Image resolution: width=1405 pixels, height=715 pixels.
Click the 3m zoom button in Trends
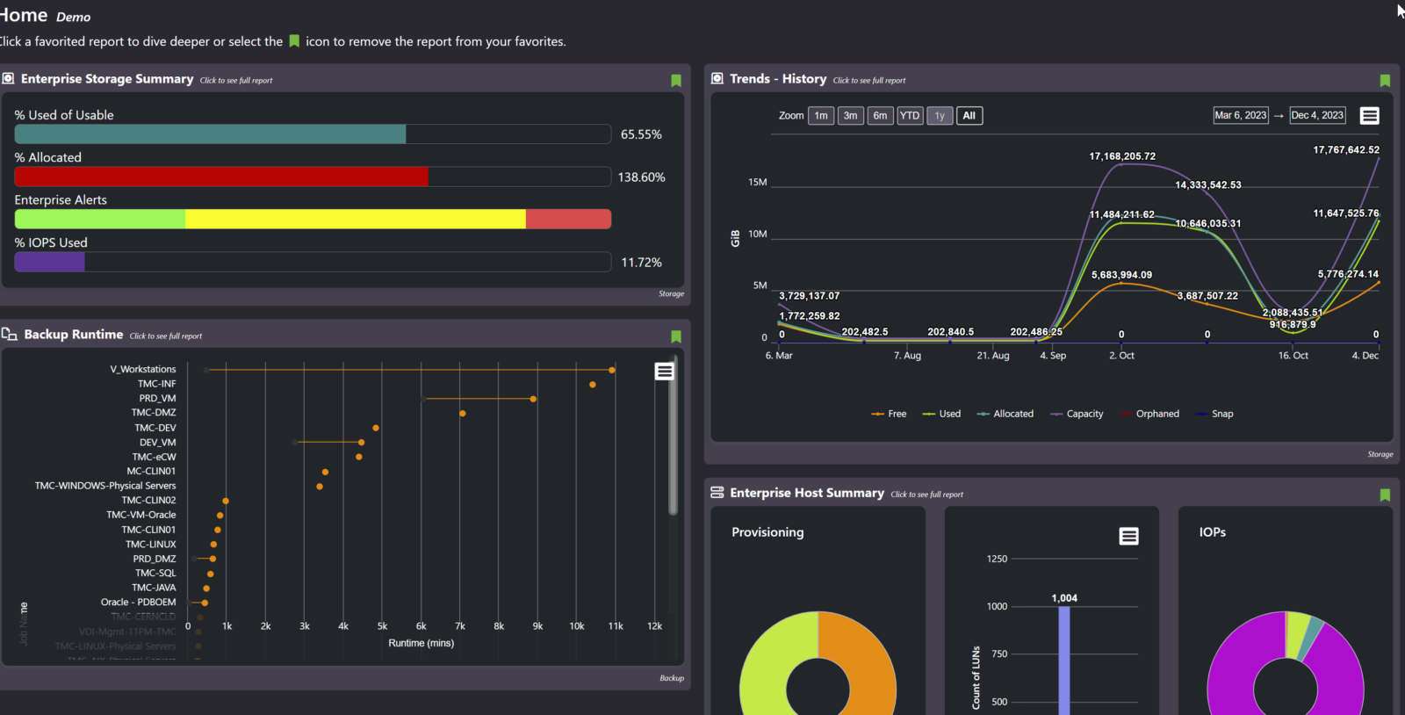click(x=850, y=116)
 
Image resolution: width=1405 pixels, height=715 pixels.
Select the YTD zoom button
click(x=910, y=116)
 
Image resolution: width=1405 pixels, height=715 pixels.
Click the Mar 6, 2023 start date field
click(x=1240, y=115)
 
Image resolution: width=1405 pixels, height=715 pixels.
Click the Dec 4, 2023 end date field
click(x=1316, y=115)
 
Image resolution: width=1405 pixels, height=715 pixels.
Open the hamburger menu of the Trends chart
click(x=1369, y=116)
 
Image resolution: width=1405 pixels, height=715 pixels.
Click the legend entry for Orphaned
click(x=1156, y=414)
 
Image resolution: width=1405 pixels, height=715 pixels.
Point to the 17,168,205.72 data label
click(x=1121, y=156)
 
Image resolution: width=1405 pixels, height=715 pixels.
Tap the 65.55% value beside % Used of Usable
click(x=641, y=134)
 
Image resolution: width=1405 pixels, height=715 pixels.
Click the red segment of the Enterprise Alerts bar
click(x=568, y=219)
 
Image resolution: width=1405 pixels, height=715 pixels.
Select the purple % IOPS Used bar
click(x=50, y=262)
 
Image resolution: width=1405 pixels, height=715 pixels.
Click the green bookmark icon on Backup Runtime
click(x=676, y=336)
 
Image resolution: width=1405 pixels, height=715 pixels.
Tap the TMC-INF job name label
click(x=156, y=384)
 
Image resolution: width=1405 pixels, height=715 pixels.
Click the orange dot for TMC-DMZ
click(x=462, y=413)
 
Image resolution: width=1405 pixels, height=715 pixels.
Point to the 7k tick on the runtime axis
click(x=459, y=626)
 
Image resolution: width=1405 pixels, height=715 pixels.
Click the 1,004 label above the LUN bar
click(x=1063, y=598)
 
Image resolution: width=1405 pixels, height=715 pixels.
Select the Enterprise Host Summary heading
click(x=806, y=493)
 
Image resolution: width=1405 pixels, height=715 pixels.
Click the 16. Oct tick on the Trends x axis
click(x=1293, y=356)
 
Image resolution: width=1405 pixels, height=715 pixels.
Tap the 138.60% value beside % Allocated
click(x=641, y=177)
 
